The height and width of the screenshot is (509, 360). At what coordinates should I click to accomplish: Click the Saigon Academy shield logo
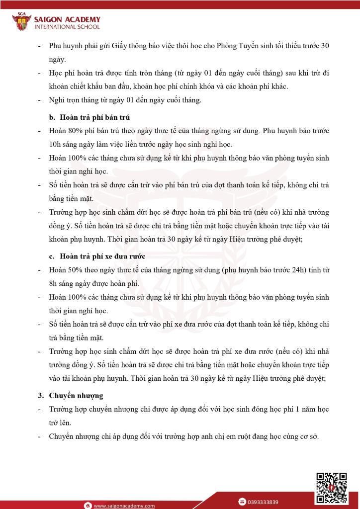(21, 21)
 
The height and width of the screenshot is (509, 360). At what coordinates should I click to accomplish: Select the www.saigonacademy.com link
(124, 506)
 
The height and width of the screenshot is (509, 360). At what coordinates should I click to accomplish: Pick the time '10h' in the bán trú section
(55, 144)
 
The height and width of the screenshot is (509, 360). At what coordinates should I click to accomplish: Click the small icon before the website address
(87, 506)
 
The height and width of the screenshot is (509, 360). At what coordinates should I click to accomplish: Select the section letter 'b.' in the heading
(52, 118)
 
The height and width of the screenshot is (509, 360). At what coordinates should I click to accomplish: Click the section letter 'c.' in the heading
(52, 256)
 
